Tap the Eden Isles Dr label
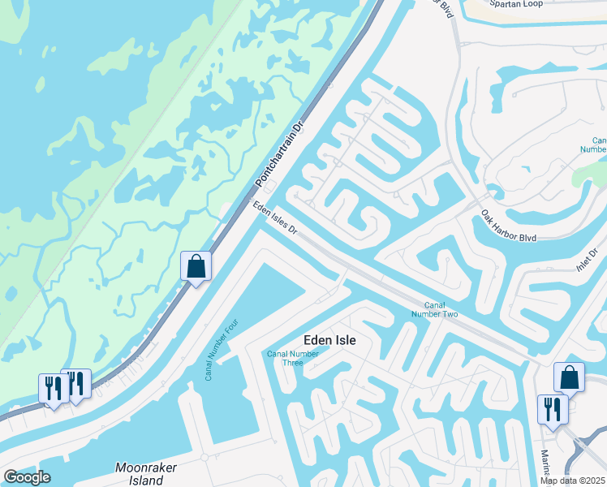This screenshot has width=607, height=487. click(275, 220)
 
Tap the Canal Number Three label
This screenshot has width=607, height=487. click(292, 358)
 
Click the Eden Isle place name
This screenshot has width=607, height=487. click(329, 341)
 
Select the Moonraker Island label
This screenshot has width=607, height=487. click(146, 473)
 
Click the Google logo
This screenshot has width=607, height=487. click(27, 477)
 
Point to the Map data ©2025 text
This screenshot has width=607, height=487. click(572, 481)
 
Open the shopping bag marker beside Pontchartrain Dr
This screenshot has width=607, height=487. click(196, 267)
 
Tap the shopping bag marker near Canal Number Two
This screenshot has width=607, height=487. click(569, 377)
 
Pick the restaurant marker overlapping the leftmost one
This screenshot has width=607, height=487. click(76, 384)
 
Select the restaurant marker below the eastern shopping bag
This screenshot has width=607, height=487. click(553, 410)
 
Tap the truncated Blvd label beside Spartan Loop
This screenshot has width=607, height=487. click(446, 8)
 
